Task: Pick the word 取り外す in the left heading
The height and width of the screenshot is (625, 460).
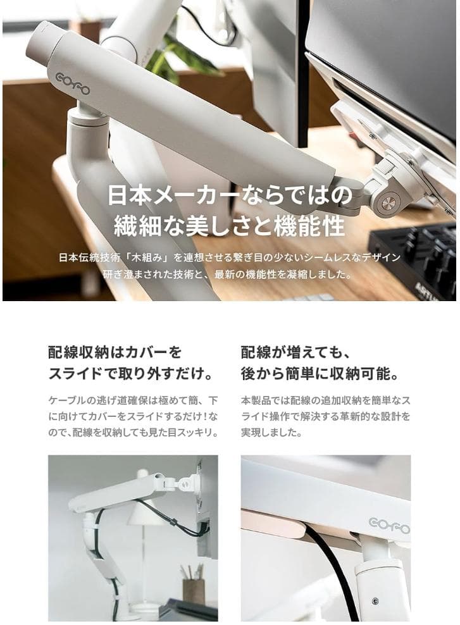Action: tap(151, 374)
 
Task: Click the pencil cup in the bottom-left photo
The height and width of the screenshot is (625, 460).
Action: tap(192, 588)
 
